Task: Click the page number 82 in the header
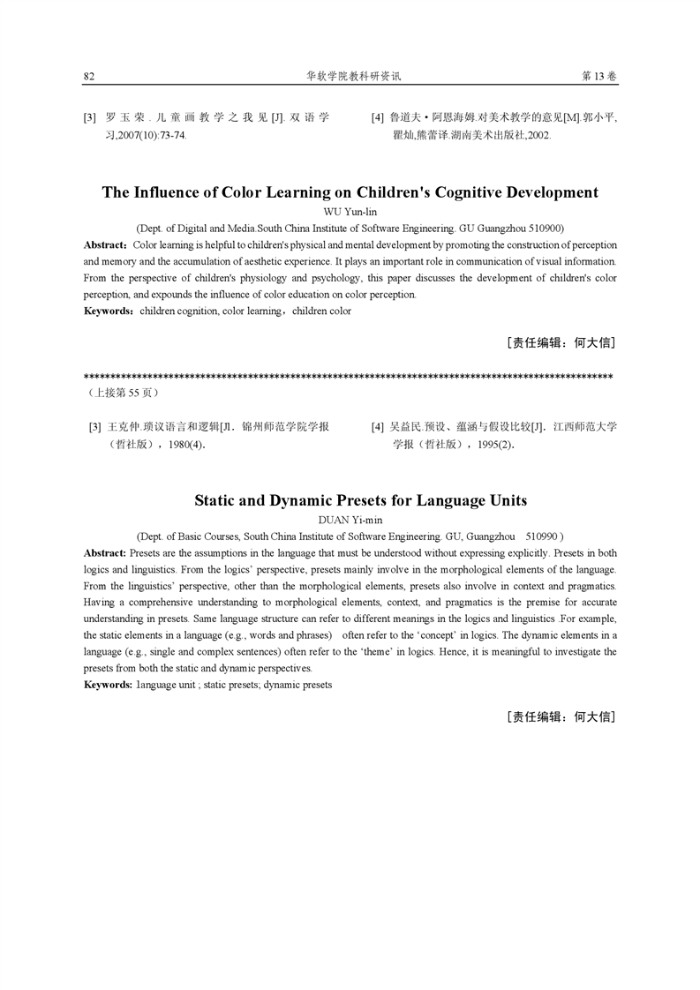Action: pyautogui.click(x=89, y=77)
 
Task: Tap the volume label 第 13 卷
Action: pyautogui.click(x=599, y=77)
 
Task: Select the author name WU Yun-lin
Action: pyautogui.click(x=350, y=212)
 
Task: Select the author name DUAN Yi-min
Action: pyautogui.click(x=350, y=520)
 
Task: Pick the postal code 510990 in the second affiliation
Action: pyautogui.click(x=543, y=536)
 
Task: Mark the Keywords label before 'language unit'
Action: pyautogui.click(x=108, y=685)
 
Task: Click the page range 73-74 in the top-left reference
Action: pyautogui.click(x=169, y=136)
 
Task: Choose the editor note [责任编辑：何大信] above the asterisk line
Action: pyautogui.click(x=561, y=342)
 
